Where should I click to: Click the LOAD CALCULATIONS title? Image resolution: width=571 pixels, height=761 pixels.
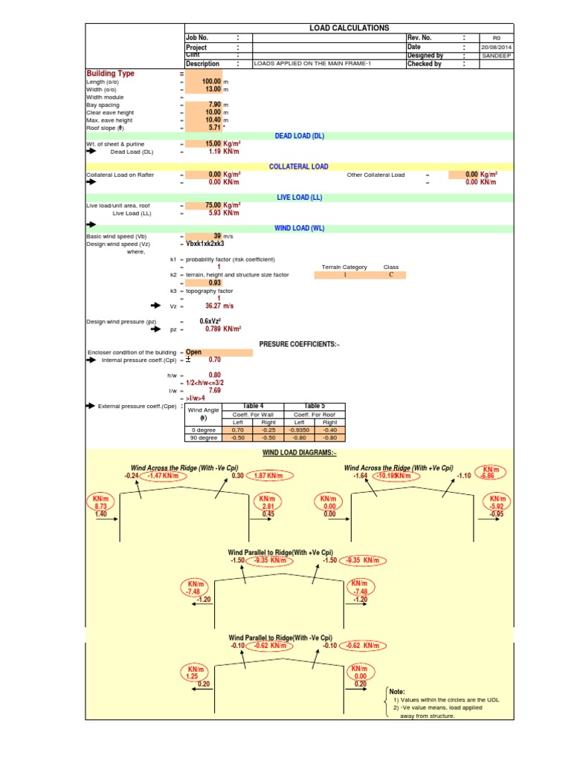[x=349, y=27]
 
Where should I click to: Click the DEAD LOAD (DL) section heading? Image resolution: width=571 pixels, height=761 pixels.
[x=300, y=136]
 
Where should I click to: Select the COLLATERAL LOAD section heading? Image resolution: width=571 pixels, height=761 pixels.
[x=299, y=167]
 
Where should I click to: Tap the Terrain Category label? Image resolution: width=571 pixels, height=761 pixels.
[x=344, y=267]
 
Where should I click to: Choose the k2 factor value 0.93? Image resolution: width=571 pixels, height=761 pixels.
[x=215, y=282]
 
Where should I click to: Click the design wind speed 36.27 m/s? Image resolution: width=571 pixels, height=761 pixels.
[x=219, y=305]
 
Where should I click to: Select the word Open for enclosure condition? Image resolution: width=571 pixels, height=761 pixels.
[x=193, y=352]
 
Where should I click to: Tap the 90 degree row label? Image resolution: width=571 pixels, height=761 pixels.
[x=202, y=438]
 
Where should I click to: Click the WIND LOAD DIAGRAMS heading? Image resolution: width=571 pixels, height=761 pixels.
[x=299, y=453]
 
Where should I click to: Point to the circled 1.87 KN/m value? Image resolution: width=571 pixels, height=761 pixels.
[x=268, y=476]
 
